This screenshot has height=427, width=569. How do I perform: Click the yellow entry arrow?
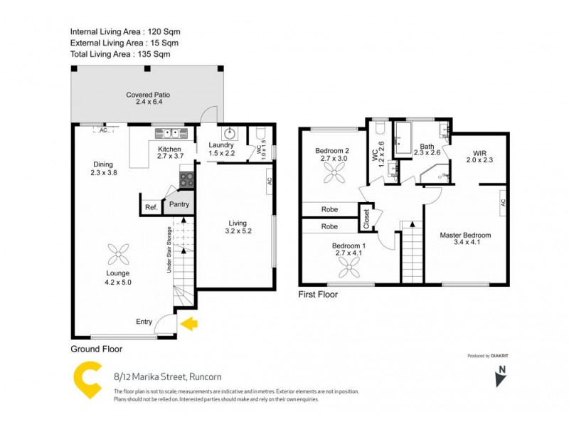click(190, 325)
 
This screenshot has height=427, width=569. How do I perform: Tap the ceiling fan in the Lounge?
click(118, 253)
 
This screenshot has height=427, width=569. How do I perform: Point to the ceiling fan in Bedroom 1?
click(349, 268)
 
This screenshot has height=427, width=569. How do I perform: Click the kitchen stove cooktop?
click(187, 180)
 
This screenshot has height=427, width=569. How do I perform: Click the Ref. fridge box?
click(151, 207)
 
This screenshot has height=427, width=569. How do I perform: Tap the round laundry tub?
click(230, 133)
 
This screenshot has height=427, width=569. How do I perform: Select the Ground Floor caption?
click(97, 349)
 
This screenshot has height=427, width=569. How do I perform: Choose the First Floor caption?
click(318, 295)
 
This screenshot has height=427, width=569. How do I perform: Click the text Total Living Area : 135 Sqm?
click(120, 54)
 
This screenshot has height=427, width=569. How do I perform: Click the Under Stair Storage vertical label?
click(169, 250)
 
